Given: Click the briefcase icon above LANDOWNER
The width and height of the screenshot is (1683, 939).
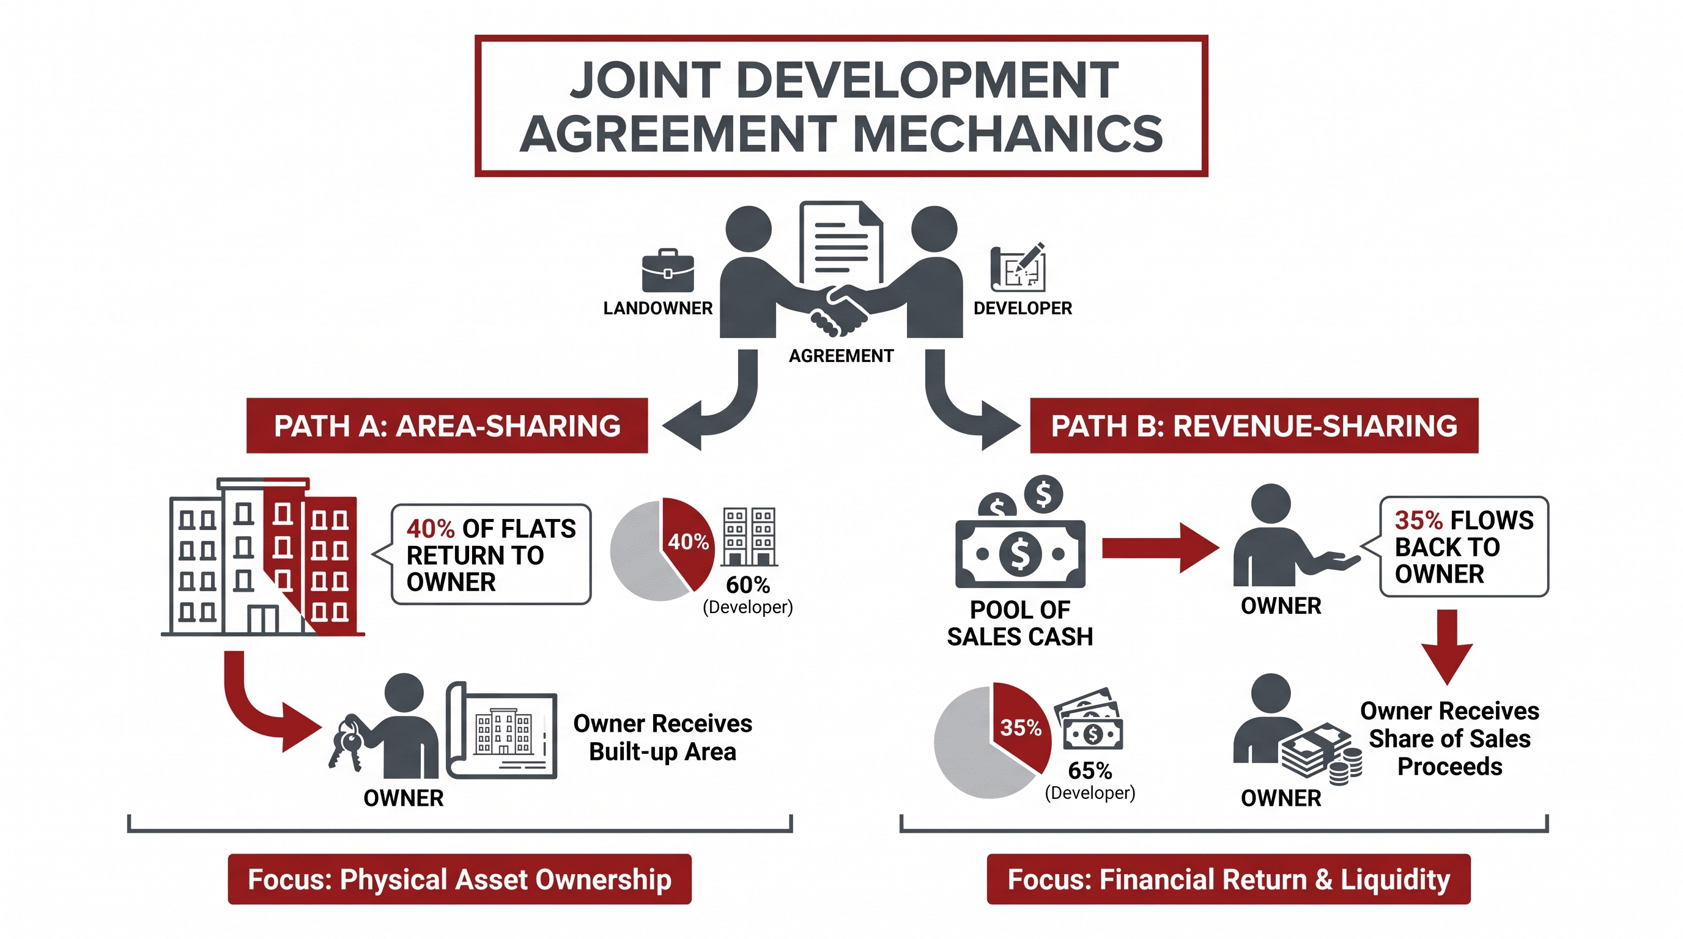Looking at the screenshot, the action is pyautogui.click(x=668, y=270).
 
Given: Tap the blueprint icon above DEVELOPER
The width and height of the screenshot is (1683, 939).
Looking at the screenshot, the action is pyautogui.click(x=1018, y=268).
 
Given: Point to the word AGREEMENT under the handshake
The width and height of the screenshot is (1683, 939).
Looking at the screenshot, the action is pyautogui.click(x=841, y=356).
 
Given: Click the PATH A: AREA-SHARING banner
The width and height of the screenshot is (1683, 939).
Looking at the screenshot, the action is pyautogui.click(x=447, y=425).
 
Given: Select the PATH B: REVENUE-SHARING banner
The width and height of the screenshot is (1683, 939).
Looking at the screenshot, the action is pyautogui.click(x=1254, y=425).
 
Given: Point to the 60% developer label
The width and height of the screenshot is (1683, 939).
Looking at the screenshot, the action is pyautogui.click(x=748, y=595).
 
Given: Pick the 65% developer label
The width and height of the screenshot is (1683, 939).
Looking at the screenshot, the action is pyautogui.click(x=1090, y=781).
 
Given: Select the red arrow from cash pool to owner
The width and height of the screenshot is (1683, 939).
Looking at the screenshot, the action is pyautogui.click(x=1160, y=548).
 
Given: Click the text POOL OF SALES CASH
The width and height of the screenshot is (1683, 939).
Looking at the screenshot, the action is pyautogui.click(x=1020, y=623).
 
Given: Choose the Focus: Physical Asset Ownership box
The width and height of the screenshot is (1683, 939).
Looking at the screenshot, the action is pyautogui.click(x=459, y=879).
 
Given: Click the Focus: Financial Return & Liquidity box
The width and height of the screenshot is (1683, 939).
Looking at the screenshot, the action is pyautogui.click(x=1228, y=879).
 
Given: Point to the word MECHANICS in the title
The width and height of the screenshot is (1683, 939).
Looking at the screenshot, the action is pyautogui.click(x=1007, y=134).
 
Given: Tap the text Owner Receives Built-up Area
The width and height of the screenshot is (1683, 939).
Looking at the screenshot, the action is pyautogui.click(x=662, y=737).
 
